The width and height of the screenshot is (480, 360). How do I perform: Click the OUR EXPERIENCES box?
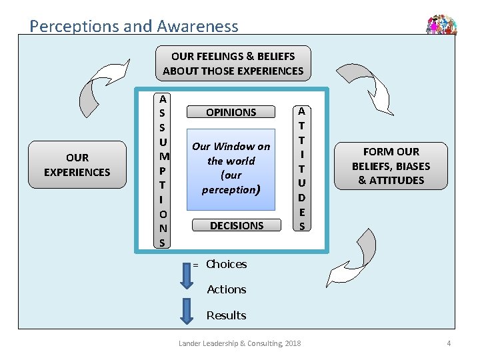pyautogui.click(x=77, y=165)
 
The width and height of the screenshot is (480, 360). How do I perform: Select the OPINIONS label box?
pyautogui.click(x=231, y=112)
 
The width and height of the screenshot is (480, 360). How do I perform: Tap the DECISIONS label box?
pyautogui.click(x=237, y=225)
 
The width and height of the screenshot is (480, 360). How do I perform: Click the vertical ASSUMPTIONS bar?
pyautogui.click(x=162, y=171)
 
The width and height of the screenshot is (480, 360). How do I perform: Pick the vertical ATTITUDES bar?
pyautogui.click(x=302, y=168)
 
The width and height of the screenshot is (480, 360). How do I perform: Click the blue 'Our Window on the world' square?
pyautogui.click(x=231, y=169)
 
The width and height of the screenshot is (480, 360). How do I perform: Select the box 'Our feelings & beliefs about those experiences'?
pyautogui.click(x=233, y=63)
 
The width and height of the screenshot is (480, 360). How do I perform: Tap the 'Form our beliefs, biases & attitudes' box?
pyautogui.click(x=391, y=166)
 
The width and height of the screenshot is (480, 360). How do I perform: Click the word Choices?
pyautogui.click(x=227, y=264)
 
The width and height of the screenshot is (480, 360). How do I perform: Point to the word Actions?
pyautogui.click(x=227, y=289)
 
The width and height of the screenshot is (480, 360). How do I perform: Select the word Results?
pyautogui.click(x=226, y=315)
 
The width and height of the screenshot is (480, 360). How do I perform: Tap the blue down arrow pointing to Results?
pyautogui.click(x=187, y=311)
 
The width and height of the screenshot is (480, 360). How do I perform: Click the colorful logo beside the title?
pyautogui.click(x=441, y=25)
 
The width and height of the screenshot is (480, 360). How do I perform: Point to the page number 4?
pyautogui.click(x=449, y=343)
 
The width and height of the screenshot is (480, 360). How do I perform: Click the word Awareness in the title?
pyautogui.click(x=198, y=26)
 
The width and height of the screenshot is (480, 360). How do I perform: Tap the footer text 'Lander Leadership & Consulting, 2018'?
pyautogui.click(x=240, y=343)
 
